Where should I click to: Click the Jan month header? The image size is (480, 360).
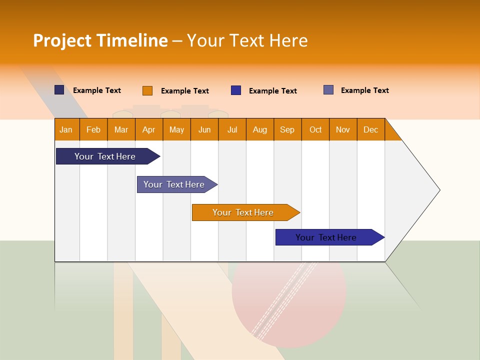(66, 129)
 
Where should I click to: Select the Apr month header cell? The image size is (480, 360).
(148, 129)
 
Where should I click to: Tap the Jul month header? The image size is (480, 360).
(232, 129)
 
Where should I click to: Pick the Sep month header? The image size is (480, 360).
(287, 129)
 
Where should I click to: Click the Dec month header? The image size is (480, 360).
(370, 129)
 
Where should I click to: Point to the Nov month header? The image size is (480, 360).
(342, 129)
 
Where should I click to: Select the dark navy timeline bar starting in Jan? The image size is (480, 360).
(105, 156)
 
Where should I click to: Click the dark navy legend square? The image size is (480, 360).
(59, 90)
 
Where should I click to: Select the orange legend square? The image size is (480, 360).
(147, 90)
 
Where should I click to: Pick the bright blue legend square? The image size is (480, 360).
(236, 90)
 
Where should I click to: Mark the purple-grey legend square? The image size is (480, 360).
(328, 90)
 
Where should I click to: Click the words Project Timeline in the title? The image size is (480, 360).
(100, 40)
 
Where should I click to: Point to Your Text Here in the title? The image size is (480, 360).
(247, 40)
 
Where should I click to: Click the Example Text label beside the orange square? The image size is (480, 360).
(184, 91)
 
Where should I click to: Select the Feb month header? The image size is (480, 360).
(93, 129)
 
